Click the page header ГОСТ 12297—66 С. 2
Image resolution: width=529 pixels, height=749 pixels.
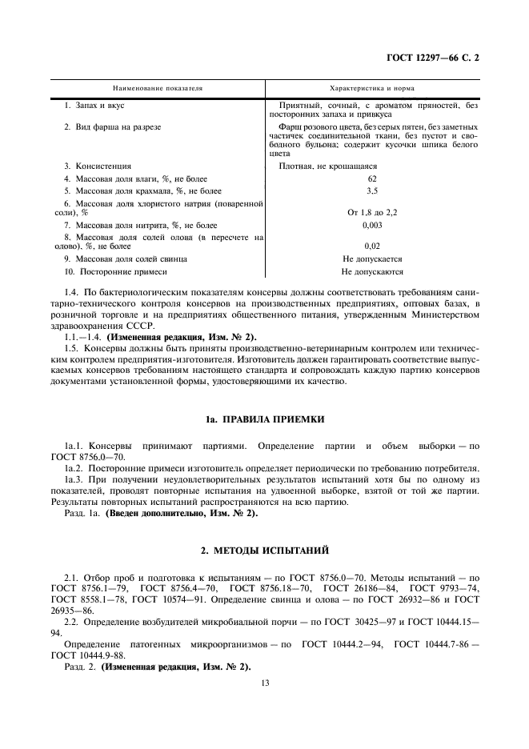tap(439, 58)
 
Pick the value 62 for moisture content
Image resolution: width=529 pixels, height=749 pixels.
tap(372, 179)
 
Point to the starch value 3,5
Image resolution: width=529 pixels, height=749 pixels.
tap(372, 192)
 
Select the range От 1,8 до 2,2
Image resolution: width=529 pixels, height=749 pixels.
tap(372, 212)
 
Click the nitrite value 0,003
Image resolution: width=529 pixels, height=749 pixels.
tap(372, 226)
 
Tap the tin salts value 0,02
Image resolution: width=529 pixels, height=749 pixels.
tap(372, 246)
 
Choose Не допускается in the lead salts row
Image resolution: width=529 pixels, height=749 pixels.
tap(372, 259)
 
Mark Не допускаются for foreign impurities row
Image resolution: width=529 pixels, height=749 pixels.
tap(372, 273)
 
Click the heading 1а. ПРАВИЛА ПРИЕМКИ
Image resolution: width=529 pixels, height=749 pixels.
tap(264, 419)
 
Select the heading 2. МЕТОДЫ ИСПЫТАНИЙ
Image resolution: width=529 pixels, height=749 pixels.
tap(264, 551)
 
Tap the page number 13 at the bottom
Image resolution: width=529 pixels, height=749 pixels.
tap(264, 683)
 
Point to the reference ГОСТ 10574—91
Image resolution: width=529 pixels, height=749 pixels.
tap(163, 598)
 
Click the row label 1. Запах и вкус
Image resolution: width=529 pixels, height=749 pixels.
tap(94, 106)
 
